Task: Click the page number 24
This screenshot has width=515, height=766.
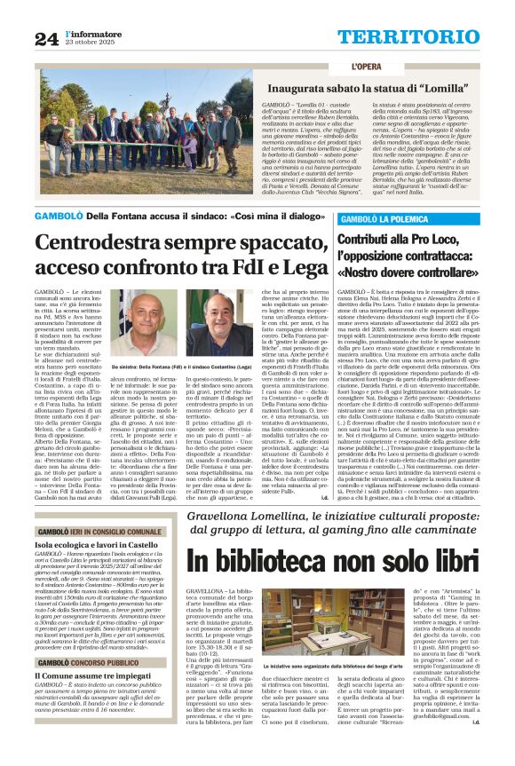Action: click(x=47, y=38)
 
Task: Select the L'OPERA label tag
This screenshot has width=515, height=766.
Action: click(x=366, y=67)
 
